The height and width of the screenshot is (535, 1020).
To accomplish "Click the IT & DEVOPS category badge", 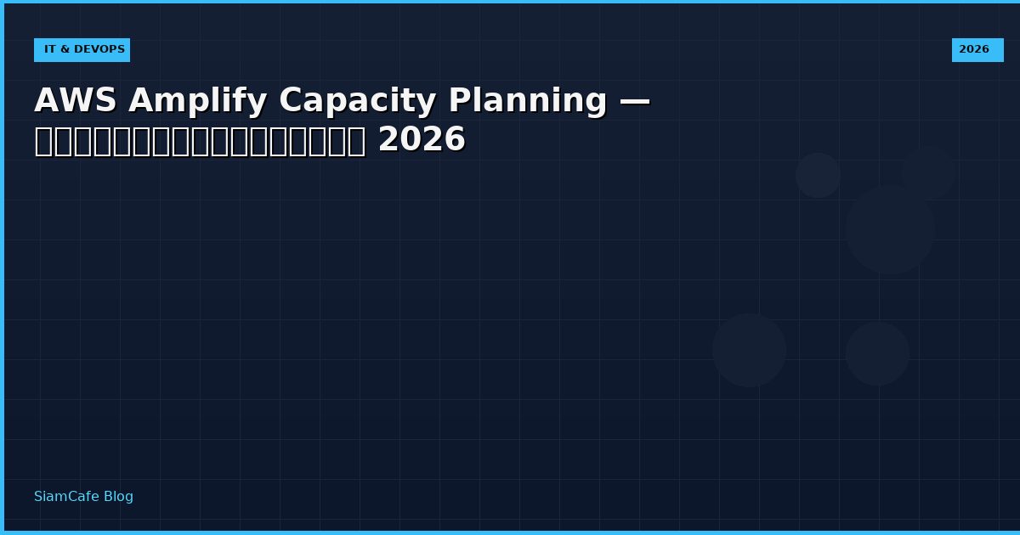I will click(82, 50).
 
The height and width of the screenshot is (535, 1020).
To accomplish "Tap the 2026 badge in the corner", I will click(977, 50).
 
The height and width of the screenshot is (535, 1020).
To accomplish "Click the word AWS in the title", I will click(75, 101).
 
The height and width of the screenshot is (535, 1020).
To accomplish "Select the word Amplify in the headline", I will click(197, 102).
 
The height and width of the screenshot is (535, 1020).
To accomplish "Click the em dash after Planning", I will click(634, 101).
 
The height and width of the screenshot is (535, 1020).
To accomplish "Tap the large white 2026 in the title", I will click(422, 140).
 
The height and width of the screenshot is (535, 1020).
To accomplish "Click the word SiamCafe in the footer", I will click(66, 497).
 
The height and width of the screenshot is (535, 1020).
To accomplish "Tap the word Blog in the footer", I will click(118, 497).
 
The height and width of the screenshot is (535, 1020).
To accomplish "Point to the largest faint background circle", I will click(889, 229).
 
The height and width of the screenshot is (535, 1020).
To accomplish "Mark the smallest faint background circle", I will click(818, 175).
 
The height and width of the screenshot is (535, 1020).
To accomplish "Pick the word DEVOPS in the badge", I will click(99, 50).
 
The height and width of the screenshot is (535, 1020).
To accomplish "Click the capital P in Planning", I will click(460, 101).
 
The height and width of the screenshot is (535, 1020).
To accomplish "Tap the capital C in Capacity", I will click(291, 101).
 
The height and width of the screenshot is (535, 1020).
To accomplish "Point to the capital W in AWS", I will click(75, 101).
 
